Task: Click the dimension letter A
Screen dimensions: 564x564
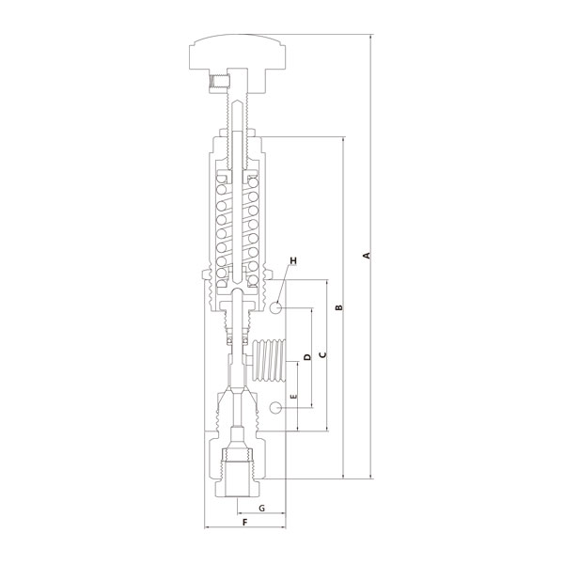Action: click(367, 256)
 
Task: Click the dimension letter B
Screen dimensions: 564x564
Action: click(338, 307)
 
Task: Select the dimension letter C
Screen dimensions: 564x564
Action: click(322, 354)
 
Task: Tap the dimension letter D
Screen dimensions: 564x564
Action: click(307, 357)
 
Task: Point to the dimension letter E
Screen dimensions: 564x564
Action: click(294, 397)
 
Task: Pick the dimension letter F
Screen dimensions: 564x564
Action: click(245, 523)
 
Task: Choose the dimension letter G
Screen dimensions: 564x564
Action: click(262, 509)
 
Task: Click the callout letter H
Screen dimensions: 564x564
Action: click(293, 260)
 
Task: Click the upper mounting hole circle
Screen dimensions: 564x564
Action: click(275, 307)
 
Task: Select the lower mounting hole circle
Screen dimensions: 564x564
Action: click(275, 408)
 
